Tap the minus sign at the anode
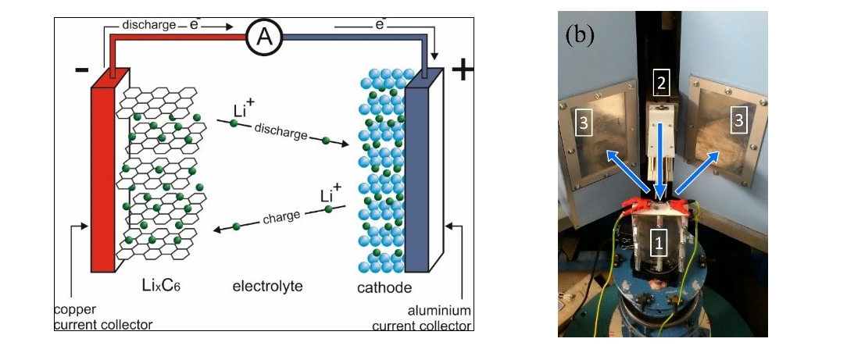(81, 70)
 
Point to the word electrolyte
(267, 287)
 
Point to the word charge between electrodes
(281, 216)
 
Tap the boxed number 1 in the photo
(659, 244)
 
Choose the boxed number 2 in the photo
(662, 81)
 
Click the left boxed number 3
(581, 122)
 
